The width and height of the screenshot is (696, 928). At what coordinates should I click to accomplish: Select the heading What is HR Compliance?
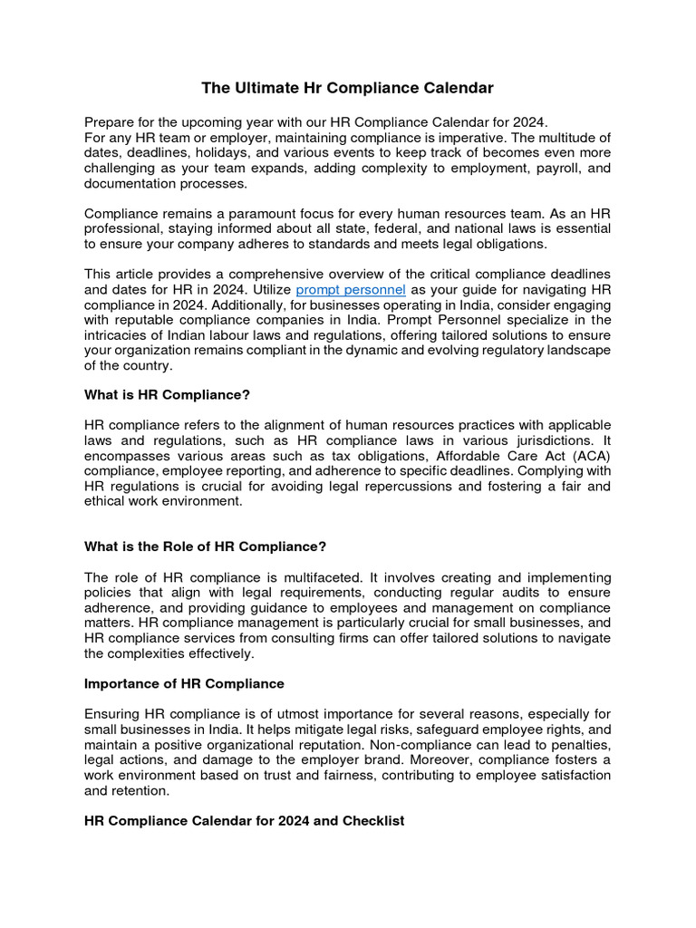(x=167, y=395)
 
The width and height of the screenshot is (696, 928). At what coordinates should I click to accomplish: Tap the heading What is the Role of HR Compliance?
(x=205, y=546)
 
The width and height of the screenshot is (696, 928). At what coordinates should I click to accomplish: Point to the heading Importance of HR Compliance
(x=184, y=683)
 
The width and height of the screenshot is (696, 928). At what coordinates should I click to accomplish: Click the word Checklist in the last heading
(x=370, y=820)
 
